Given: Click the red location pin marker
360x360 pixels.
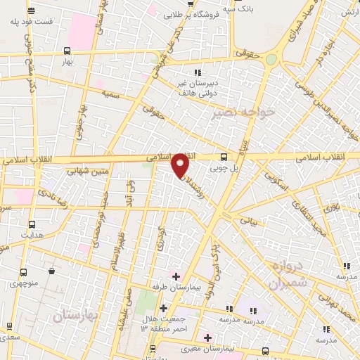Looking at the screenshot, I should (x=180, y=165).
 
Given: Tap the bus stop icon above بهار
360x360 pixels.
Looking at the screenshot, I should (x=67, y=51).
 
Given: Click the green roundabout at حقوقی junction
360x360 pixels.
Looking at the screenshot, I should (x=271, y=60).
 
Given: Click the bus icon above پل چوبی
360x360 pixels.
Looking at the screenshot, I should (x=224, y=157).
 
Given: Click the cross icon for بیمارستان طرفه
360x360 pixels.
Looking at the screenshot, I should (x=176, y=276).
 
